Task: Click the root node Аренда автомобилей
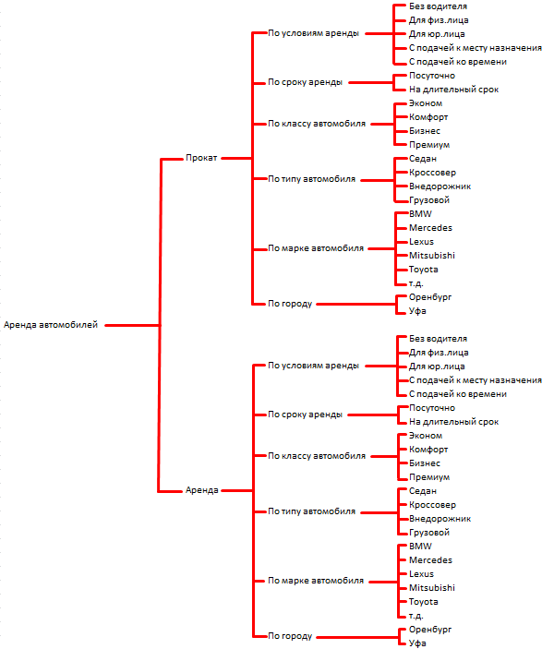pyautogui.click(x=51, y=325)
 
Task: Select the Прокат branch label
pyautogui.click(x=201, y=158)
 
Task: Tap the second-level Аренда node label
pyautogui.click(x=201, y=490)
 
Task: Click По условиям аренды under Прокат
pyautogui.click(x=313, y=33)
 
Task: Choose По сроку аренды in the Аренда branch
pyautogui.click(x=305, y=415)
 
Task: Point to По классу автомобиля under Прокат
pyautogui.click(x=317, y=124)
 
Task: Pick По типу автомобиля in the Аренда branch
pyautogui.click(x=311, y=511)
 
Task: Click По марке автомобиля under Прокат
pyautogui.click(x=316, y=248)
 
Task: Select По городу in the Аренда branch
pyautogui.click(x=289, y=636)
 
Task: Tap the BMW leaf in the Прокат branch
pyautogui.click(x=420, y=214)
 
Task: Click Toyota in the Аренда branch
pyautogui.click(x=423, y=602)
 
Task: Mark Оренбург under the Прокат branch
pyautogui.click(x=430, y=297)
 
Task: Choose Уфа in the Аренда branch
pyautogui.click(x=417, y=643)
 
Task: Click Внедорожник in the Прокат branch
pyautogui.click(x=440, y=186)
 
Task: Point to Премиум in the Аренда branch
pyautogui.click(x=429, y=477)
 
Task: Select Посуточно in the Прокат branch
pyautogui.click(x=432, y=76)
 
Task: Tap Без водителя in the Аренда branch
pyautogui.click(x=438, y=339)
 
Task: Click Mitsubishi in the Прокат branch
pyautogui.click(x=432, y=256)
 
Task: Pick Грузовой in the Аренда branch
pyautogui.click(x=429, y=533)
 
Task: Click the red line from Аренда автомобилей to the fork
pyautogui.click(x=132, y=325)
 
